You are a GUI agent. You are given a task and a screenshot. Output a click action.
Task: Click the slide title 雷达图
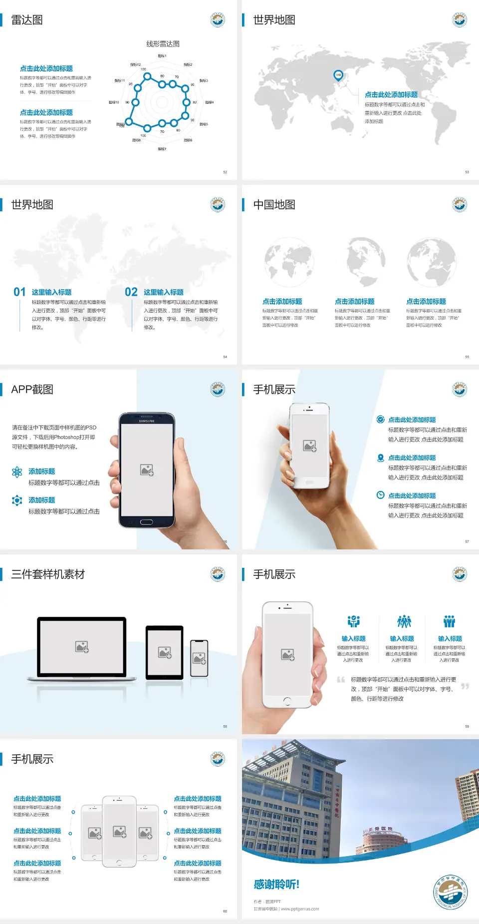(x=27, y=20)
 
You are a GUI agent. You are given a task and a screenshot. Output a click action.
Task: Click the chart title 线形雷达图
(x=163, y=44)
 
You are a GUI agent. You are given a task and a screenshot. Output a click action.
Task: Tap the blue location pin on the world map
(x=338, y=75)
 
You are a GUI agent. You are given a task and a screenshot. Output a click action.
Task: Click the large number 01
(x=19, y=292)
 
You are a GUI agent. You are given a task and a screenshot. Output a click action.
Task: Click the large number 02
(x=131, y=292)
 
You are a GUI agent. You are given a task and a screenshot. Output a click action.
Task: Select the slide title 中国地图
(x=274, y=205)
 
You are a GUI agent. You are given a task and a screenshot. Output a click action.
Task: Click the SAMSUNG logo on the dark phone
(x=147, y=421)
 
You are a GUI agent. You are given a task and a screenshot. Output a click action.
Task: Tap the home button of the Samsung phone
(x=146, y=522)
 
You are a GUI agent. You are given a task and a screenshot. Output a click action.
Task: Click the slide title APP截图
(x=32, y=390)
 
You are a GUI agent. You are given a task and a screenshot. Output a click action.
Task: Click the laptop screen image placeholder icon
(x=82, y=647)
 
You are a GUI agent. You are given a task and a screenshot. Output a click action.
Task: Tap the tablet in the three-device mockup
(x=165, y=652)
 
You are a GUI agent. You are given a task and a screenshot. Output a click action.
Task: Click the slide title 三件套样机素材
(x=48, y=574)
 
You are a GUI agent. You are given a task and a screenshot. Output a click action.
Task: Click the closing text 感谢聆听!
(x=276, y=885)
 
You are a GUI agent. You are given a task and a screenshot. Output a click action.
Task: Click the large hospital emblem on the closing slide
(x=451, y=892)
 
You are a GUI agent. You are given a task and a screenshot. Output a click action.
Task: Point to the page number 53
(x=467, y=172)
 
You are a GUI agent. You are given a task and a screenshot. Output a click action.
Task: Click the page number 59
(x=467, y=727)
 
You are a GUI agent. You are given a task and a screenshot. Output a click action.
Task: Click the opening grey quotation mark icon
(x=341, y=680)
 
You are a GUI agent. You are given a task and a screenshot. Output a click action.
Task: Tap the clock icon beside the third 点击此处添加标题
(x=380, y=495)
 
